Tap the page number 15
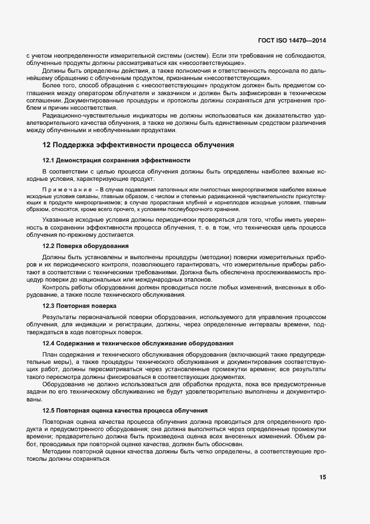322,478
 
